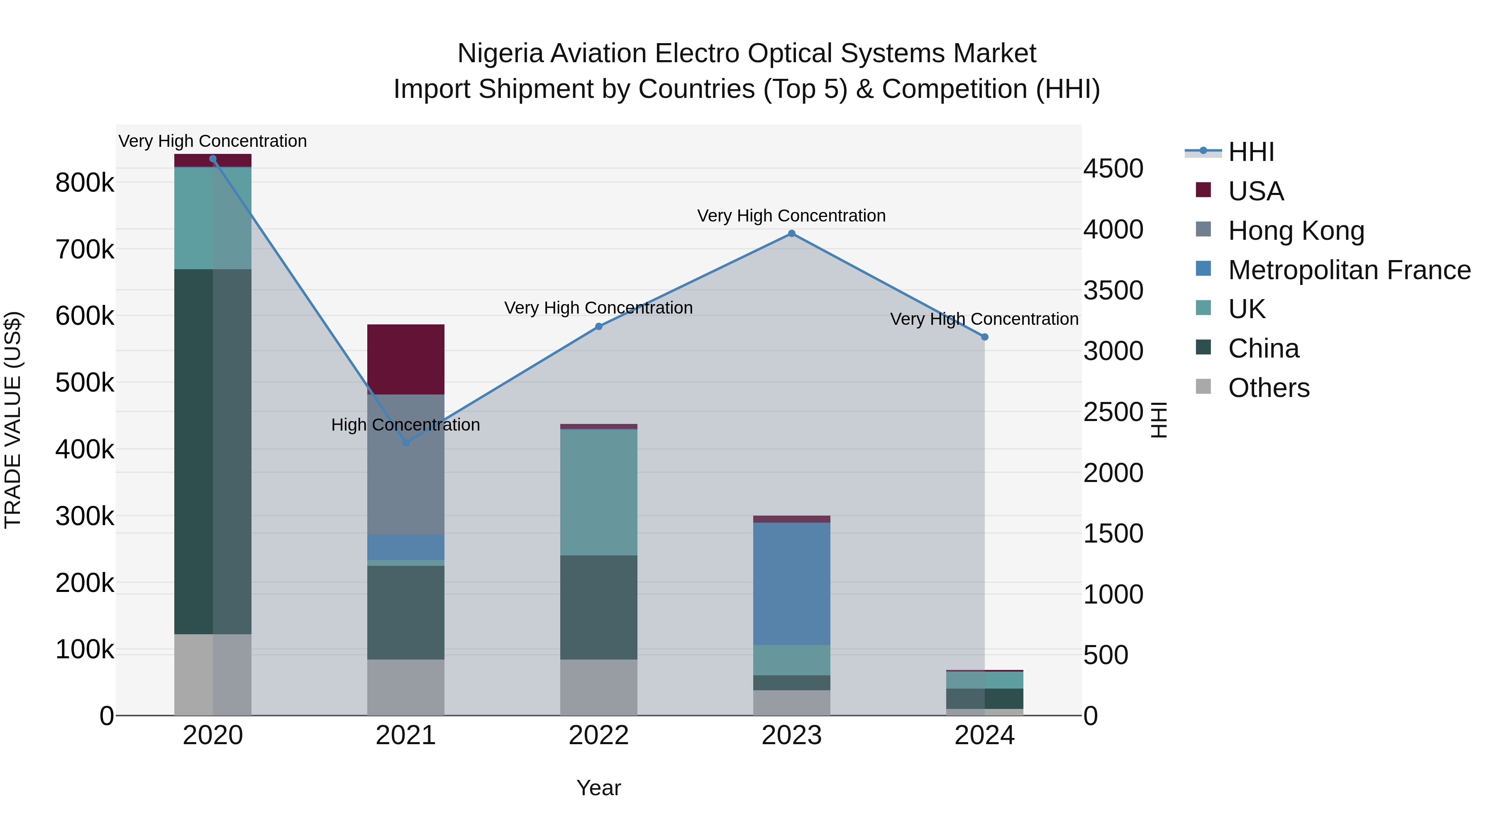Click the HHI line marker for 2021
click(405, 443)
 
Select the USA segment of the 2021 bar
click(405, 359)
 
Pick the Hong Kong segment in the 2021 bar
click(405, 464)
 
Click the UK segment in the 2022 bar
click(598, 493)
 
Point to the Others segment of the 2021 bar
click(405, 687)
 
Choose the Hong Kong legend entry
click(1296, 230)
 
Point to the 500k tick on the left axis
click(85, 382)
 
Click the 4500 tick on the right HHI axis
click(1113, 169)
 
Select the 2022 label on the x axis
click(598, 735)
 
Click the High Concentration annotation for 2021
click(405, 425)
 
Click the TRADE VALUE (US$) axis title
click(13, 420)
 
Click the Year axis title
click(598, 788)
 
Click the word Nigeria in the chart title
click(500, 54)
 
